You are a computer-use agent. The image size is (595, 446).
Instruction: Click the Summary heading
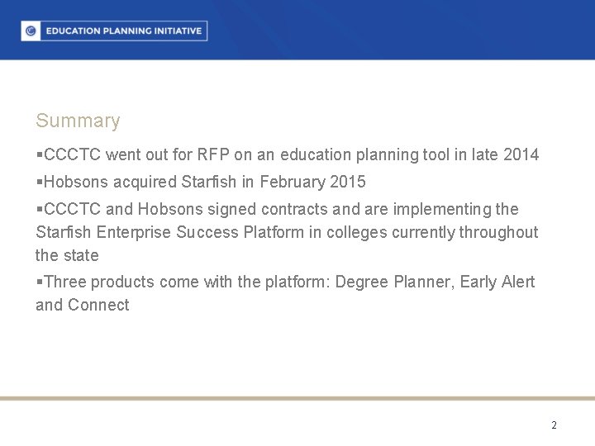coord(78,121)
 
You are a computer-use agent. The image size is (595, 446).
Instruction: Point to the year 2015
coord(347,182)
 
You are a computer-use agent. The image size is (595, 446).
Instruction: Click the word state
coord(80,255)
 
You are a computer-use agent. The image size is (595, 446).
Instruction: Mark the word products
coord(122,282)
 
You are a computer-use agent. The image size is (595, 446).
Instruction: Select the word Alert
coord(516,282)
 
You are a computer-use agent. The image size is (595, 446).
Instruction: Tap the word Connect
coord(98,305)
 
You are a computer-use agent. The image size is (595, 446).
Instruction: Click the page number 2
coord(554,425)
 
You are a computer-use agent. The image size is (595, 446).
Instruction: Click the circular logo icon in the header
coord(31,31)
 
